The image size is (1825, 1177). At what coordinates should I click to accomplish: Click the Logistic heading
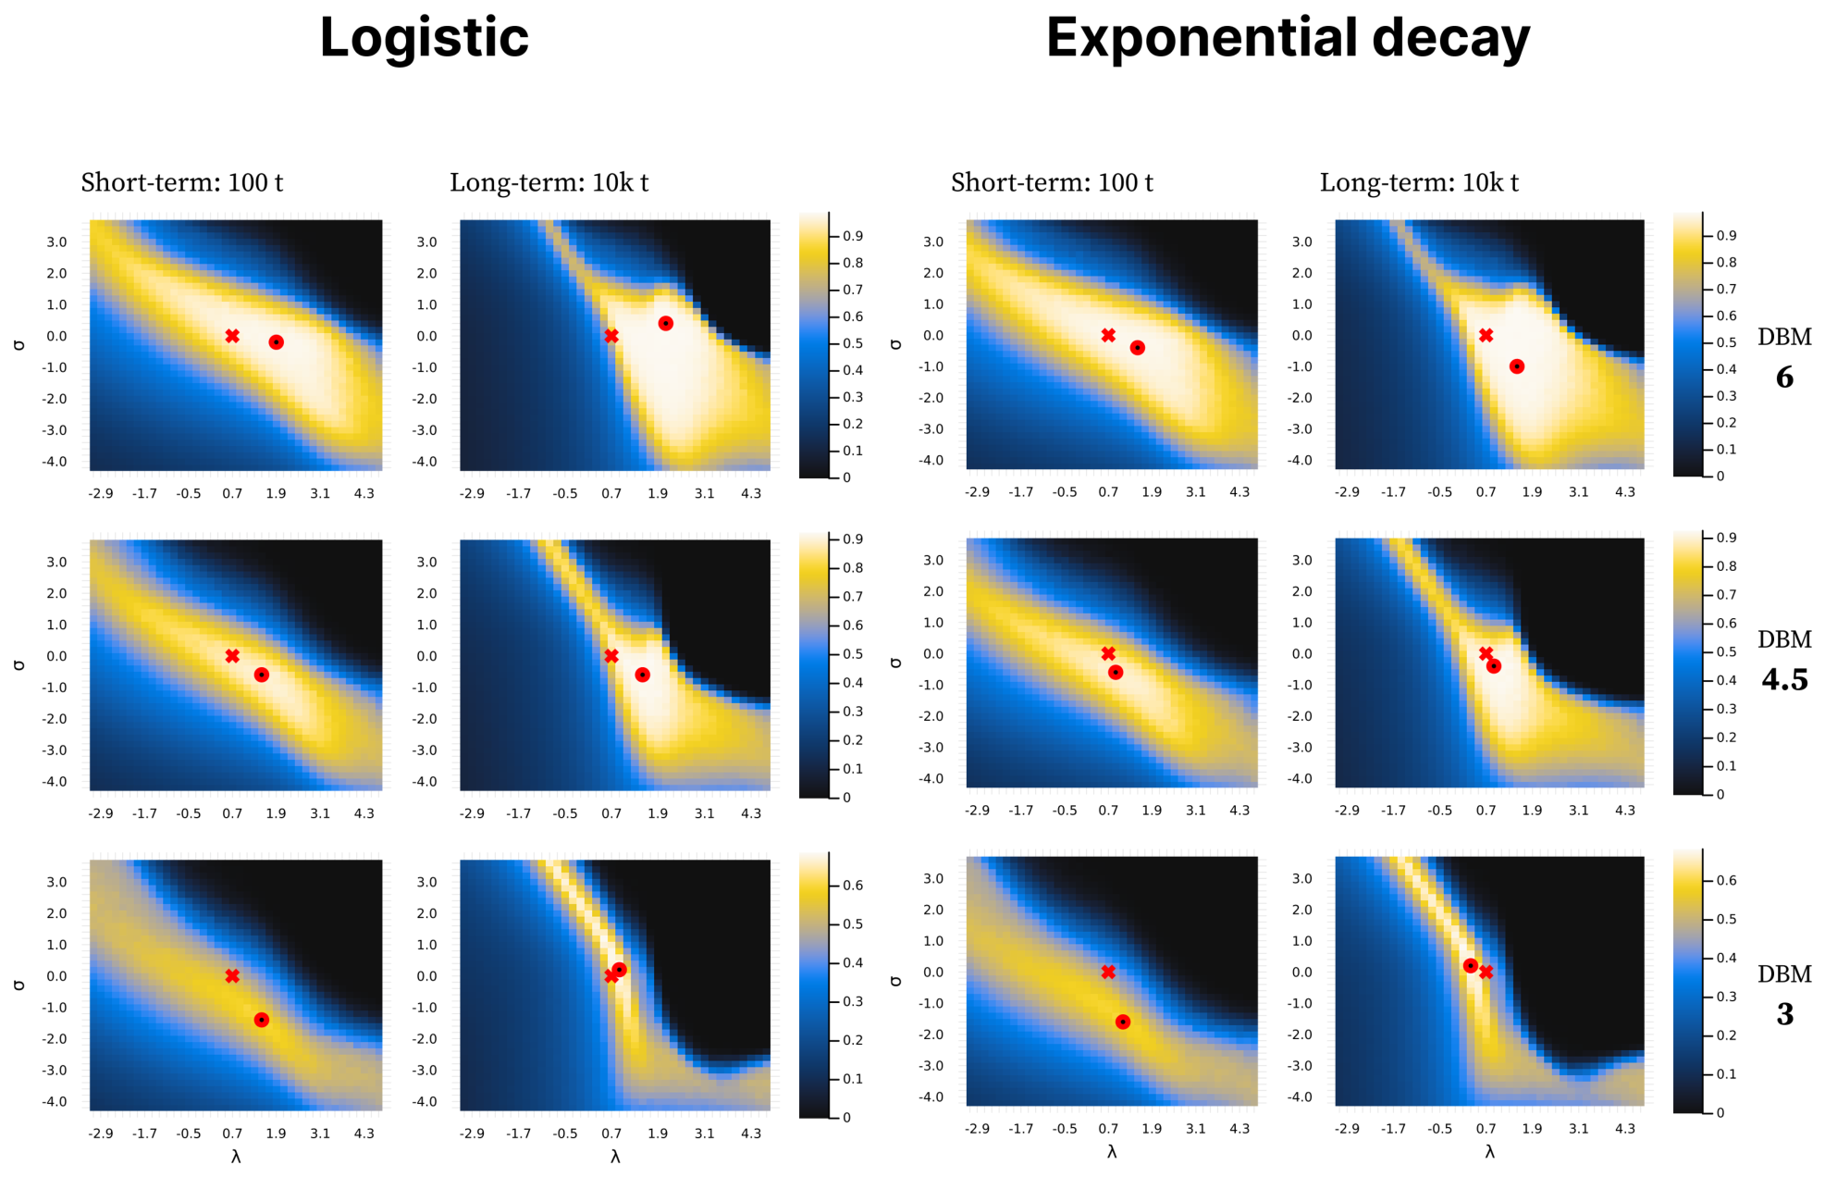point(424,39)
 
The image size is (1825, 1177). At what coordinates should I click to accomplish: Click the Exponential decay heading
point(1288,39)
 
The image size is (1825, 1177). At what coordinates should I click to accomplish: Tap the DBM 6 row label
point(1784,357)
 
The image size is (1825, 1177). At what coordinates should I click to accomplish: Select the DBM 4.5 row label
point(1784,660)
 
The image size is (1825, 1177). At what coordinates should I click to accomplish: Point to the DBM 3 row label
point(1784,995)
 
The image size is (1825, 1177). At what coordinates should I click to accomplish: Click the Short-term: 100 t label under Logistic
point(182,182)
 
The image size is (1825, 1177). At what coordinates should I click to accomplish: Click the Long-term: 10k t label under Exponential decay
point(1419,182)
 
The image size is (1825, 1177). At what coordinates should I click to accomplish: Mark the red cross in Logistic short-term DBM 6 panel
point(232,336)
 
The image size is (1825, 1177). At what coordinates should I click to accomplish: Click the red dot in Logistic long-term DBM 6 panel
point(665,323)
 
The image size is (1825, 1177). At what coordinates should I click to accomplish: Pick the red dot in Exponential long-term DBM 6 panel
point(1517,366)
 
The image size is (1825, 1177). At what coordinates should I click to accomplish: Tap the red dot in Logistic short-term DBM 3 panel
point(262,1020)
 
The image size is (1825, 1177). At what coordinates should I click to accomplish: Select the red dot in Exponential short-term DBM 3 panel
point(1123,1022)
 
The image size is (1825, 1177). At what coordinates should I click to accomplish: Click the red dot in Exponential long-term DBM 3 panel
point(1471,965)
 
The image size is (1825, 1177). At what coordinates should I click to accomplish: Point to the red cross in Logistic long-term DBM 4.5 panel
point(611,656)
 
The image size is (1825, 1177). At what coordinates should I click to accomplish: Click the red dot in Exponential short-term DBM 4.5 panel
point(1116,672)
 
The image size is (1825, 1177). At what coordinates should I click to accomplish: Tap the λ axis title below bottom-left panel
point(236,1157)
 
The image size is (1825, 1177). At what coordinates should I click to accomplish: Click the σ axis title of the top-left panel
point(19,344)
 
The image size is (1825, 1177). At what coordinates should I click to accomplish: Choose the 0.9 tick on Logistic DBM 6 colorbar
point(853,236)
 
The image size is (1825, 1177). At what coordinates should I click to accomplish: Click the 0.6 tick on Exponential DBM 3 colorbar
point(1727,880)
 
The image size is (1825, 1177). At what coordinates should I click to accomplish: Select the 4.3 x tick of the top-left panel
point(364,493)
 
